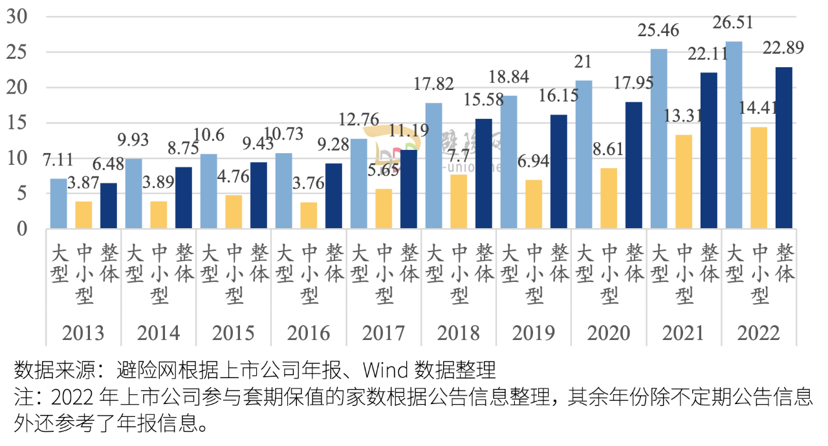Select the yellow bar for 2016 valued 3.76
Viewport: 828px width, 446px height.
point(309,215)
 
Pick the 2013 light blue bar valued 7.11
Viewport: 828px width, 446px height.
point(58,203)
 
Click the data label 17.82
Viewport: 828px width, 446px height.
point(434,84)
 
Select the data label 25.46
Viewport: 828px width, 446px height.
point(659,31)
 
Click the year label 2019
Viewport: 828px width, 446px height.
point(534,333)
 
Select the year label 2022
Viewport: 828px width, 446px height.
point(758,333)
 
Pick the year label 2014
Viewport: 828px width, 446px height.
point(158,333)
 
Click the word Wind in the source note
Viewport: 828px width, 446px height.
point(384,370)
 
